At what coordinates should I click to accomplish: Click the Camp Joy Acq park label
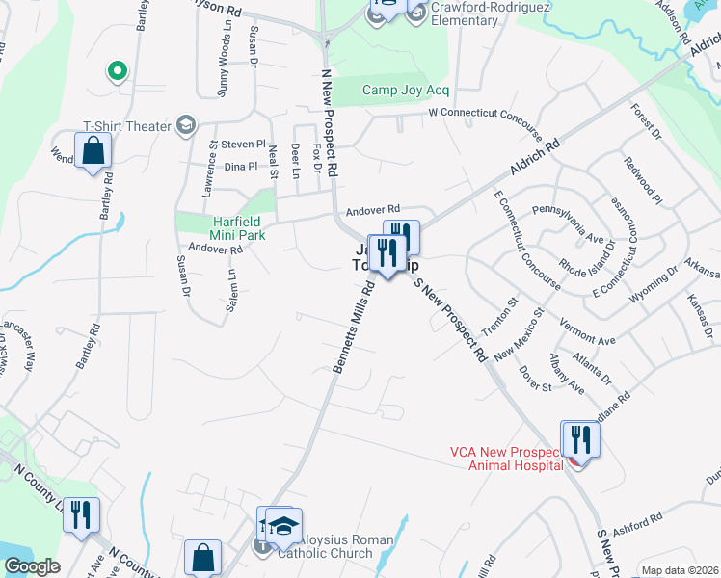[406, 91]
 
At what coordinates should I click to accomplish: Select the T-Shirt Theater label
[126, 125]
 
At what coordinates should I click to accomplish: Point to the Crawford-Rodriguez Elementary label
[477, 13]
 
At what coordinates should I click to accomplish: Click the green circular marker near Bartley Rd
[117, 70]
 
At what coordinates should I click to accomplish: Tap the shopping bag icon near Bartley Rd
[93, 151]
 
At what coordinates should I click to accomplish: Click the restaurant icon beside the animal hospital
[581, 439]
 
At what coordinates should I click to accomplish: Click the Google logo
[31, 567]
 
